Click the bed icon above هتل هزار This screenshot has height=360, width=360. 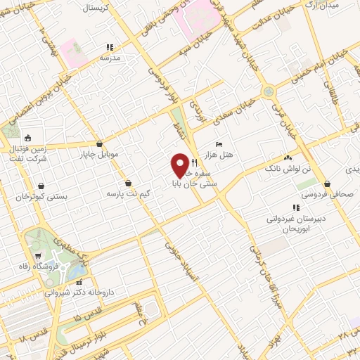219,143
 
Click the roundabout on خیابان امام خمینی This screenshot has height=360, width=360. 268,91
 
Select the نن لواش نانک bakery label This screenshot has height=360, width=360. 285,169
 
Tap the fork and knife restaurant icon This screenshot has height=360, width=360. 193,162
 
